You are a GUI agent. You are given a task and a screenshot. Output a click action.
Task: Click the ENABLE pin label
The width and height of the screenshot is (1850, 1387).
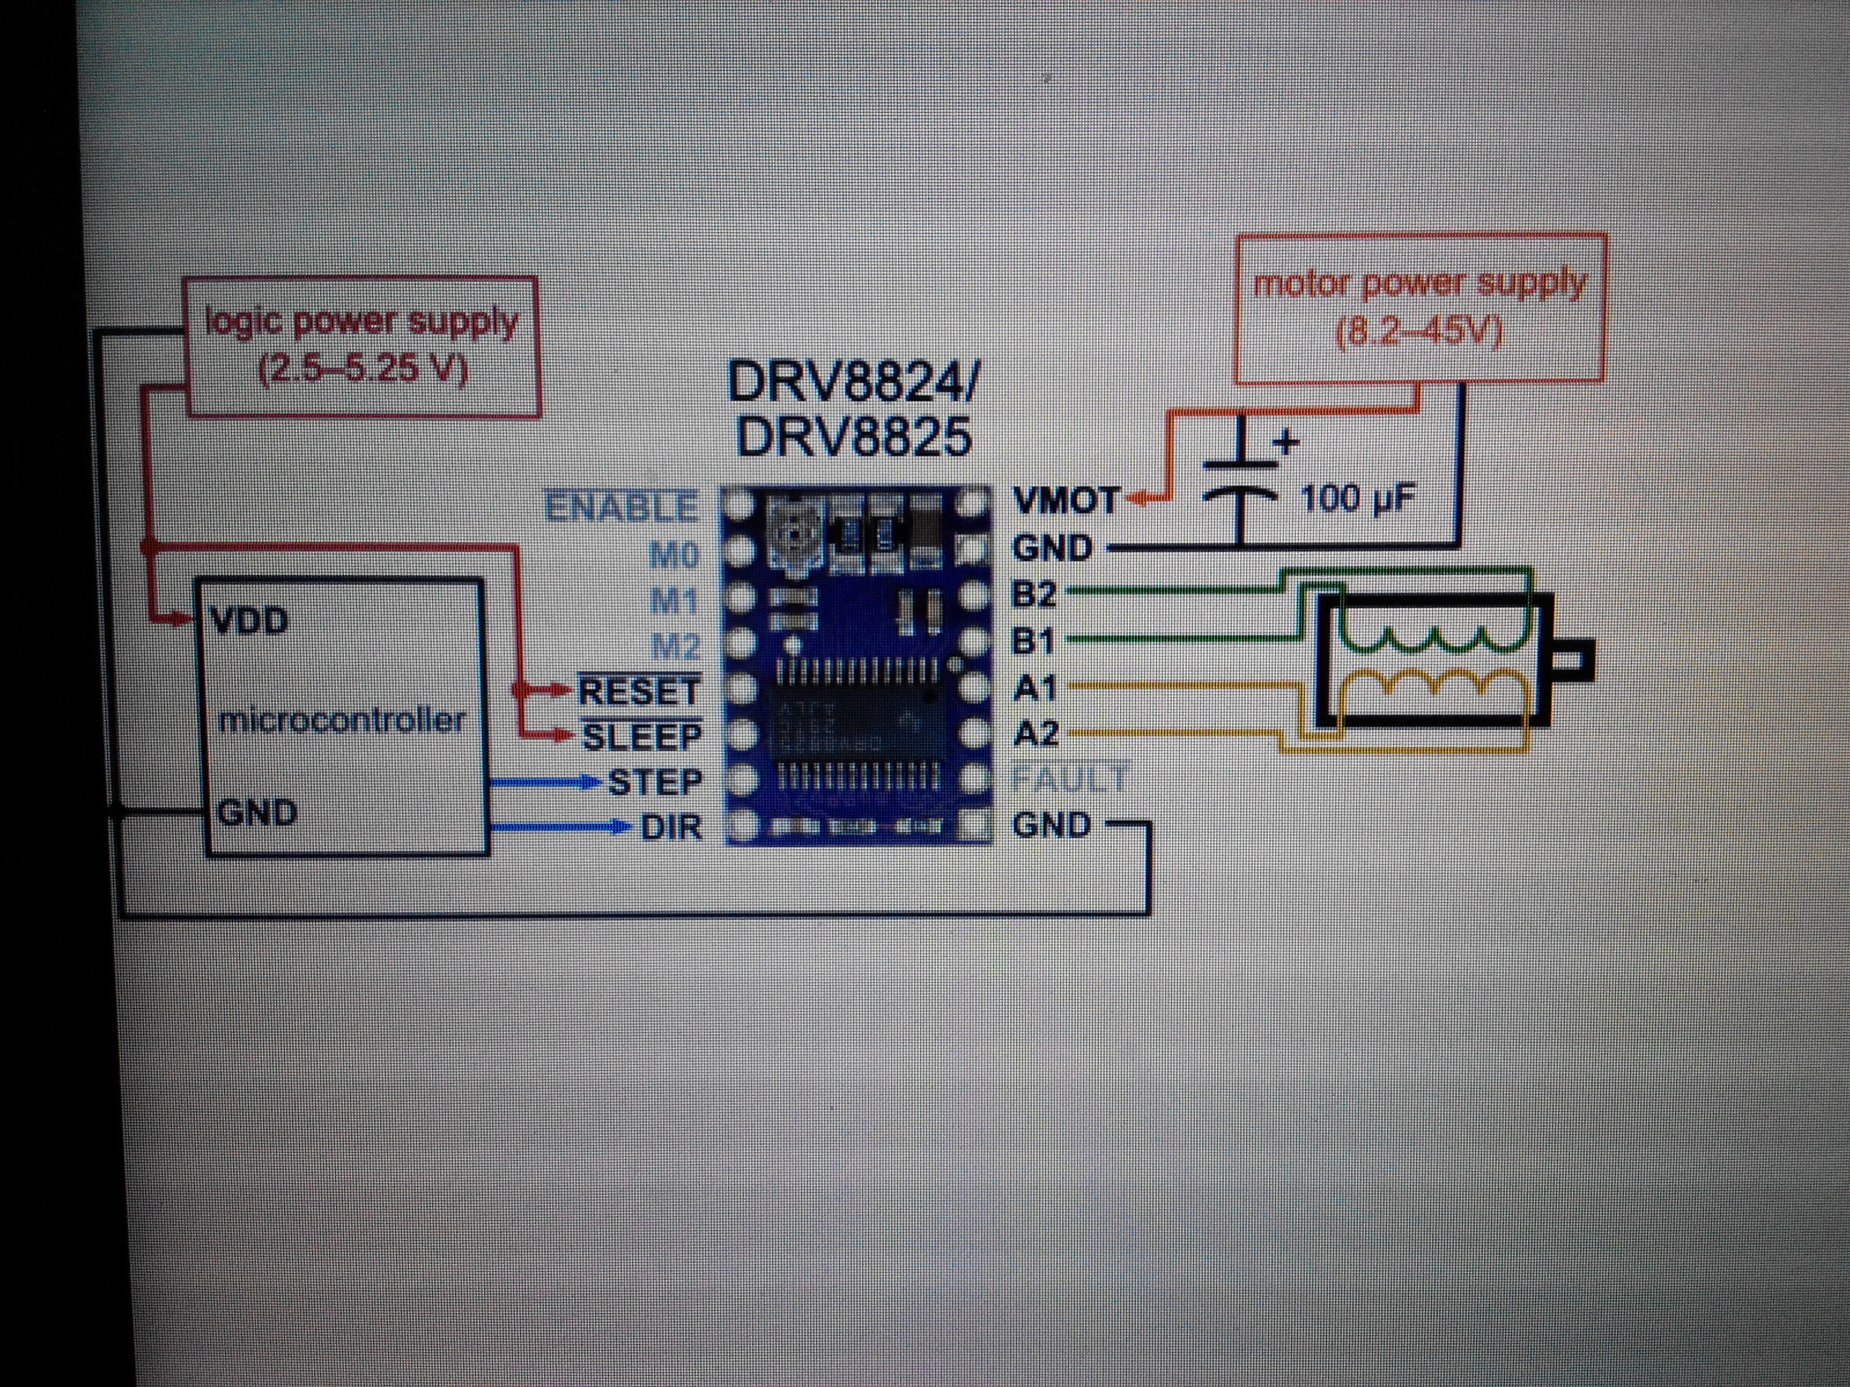point(621,508)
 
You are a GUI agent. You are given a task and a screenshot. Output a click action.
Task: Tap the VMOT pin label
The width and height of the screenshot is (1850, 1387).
point(1064,501)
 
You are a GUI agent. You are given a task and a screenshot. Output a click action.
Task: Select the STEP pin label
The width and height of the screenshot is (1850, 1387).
point(655,782)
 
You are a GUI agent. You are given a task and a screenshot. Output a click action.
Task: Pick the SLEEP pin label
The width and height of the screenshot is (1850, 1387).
point(642,737)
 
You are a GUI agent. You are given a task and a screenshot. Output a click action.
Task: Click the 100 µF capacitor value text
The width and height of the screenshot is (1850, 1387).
point(1357,500)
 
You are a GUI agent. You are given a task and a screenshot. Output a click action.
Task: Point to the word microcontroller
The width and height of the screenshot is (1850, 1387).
point(341,720)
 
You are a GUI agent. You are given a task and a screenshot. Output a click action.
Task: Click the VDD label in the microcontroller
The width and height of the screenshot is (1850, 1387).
point(250,620)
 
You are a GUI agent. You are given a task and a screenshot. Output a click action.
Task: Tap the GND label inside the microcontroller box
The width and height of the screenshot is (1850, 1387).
point(257,812)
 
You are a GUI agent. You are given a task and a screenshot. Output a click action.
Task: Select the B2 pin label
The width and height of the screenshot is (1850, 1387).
point(1034,594)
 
